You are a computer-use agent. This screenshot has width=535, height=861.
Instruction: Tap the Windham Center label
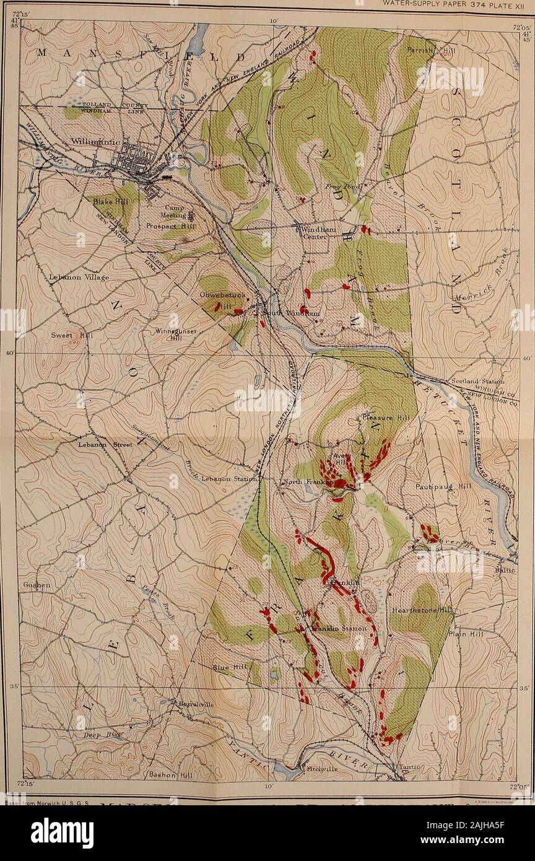coord(317,234)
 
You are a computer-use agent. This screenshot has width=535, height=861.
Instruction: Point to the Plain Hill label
coord(465,634)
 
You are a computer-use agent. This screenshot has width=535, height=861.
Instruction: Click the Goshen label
coord(35,585)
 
